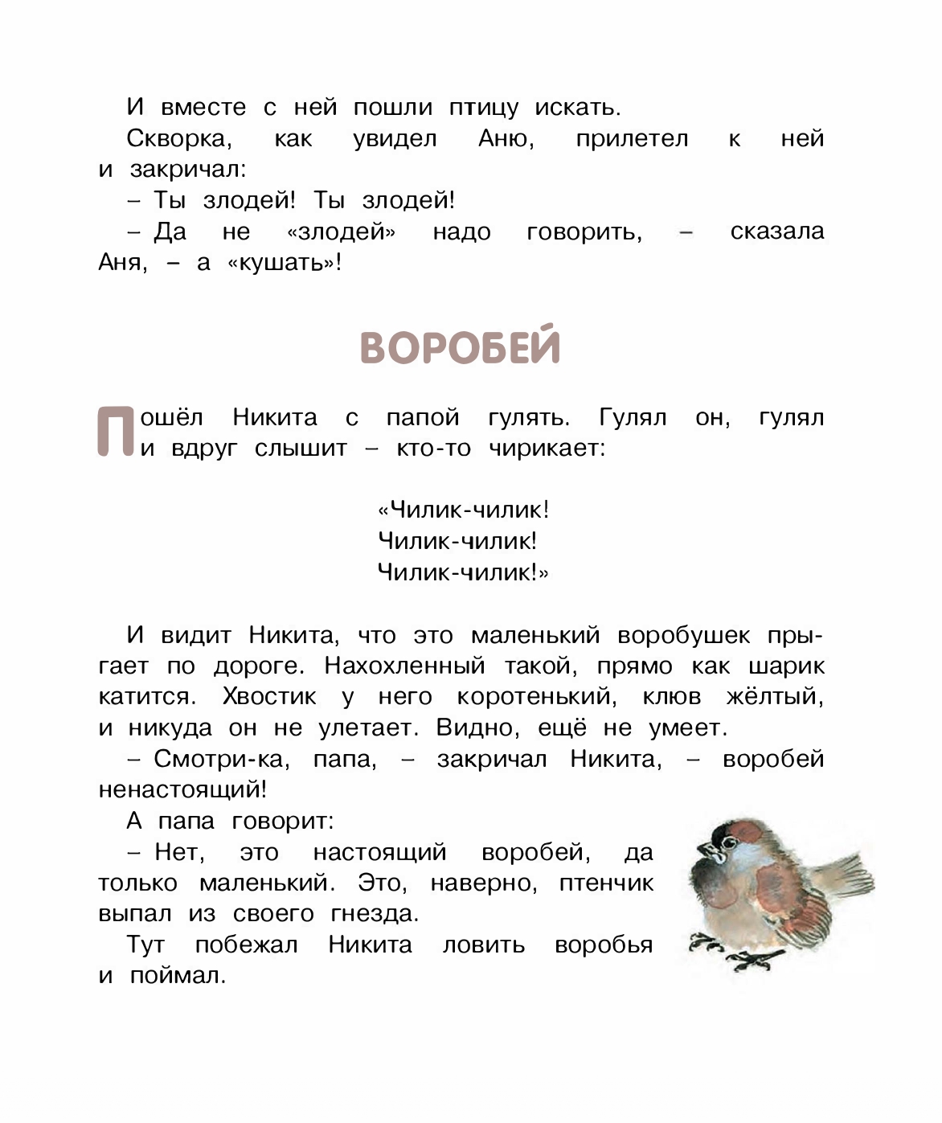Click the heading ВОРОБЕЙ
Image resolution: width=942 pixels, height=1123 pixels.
(460, 347)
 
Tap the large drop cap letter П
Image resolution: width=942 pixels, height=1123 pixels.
(115, 432)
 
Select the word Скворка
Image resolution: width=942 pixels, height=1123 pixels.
(178, 139)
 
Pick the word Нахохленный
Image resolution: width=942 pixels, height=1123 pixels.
(404, 666)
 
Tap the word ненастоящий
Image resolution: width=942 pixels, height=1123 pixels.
(181, 789)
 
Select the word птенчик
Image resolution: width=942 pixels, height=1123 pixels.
(606, 883)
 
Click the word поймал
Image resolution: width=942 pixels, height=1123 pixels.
(177, 976)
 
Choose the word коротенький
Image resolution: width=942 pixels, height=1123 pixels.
(536, 697)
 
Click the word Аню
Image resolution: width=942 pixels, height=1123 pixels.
(505, 139)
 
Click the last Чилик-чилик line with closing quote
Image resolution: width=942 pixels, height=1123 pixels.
(462, 572)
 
